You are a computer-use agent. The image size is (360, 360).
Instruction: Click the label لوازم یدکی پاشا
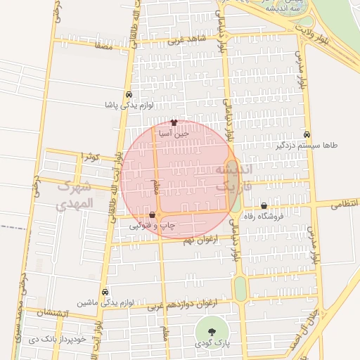click(x=129, y=105)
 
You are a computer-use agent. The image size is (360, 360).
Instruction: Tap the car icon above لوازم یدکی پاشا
click(x=129, y=95)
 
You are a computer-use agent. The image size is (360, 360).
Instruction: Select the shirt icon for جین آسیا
click(x=174, y=122)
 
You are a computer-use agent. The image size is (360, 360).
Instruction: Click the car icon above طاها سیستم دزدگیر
click(x=307, y=134)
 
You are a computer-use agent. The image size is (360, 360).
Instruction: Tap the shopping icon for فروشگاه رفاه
click(x=264, y=206)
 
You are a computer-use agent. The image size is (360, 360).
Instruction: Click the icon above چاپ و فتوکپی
click(x=153, y=214)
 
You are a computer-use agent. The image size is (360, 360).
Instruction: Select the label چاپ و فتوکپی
click(x=153, y=225)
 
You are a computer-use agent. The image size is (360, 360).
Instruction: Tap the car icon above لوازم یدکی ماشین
click(x=105, y=292)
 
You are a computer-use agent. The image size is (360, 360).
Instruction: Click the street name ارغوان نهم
click(x=202, y=240)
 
